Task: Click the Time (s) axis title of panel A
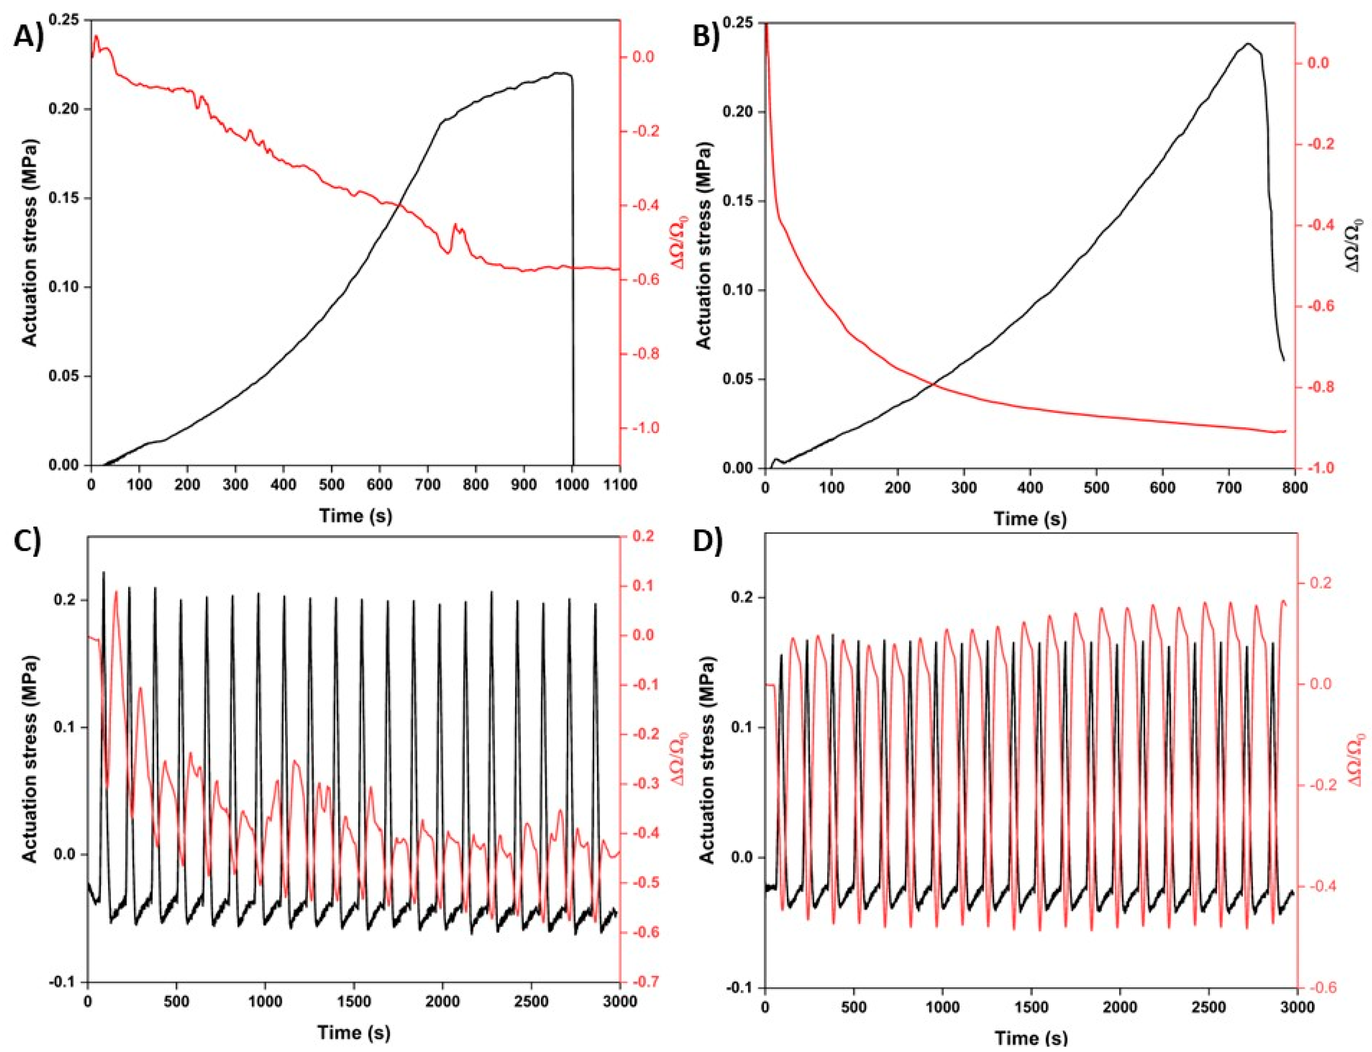tap(356, 515)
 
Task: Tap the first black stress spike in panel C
tap(103, 573)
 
